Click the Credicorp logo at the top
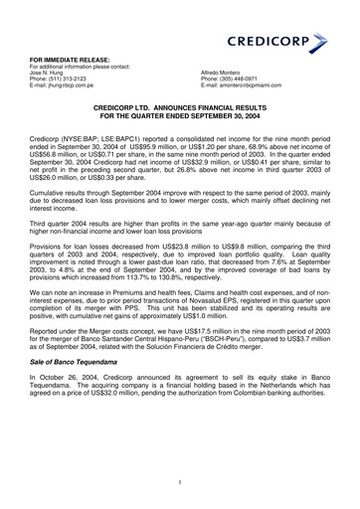278,44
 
